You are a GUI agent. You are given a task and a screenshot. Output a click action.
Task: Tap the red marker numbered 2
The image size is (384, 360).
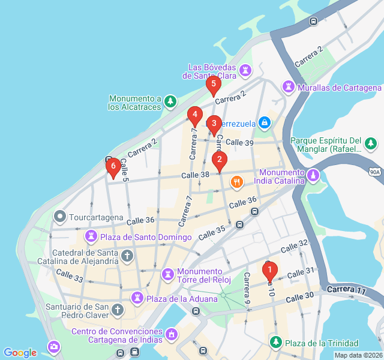220,160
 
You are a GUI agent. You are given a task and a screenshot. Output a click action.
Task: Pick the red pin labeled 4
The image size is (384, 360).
194,114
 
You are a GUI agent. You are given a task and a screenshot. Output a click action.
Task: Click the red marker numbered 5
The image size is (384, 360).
213,84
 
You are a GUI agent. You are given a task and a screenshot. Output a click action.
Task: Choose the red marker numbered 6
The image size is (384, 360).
112,166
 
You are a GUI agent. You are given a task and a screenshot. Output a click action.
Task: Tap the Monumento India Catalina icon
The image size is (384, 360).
313,175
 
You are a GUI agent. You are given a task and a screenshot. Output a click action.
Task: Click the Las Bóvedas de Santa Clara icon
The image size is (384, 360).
245,71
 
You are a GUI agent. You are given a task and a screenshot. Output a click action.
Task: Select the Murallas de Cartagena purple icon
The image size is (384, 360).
289,88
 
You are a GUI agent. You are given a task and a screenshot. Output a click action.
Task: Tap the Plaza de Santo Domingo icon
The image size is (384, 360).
91,237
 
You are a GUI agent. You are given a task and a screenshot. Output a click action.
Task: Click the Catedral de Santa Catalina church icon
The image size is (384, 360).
127,256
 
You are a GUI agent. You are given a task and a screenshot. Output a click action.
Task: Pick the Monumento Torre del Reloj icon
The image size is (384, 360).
167,275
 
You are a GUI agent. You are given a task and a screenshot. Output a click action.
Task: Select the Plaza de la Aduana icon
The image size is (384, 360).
137,298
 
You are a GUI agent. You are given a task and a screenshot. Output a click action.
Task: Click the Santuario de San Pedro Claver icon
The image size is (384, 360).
118,310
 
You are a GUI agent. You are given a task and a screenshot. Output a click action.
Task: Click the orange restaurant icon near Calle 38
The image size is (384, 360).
237,181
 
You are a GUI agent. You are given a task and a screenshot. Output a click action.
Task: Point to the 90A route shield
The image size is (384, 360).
376,172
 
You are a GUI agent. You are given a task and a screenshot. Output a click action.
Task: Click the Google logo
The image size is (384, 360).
20,353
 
